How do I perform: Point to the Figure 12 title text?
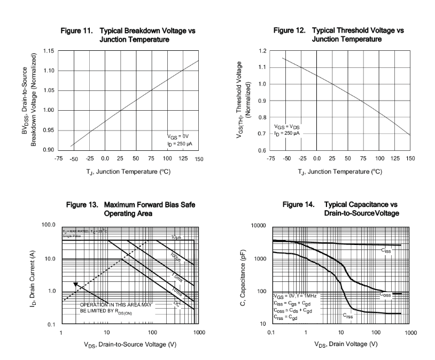[x=336, y=35]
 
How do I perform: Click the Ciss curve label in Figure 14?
[x=385, y=250]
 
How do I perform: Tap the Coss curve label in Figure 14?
[x=386, y=294]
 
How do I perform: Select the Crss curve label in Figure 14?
[x=348, y=316]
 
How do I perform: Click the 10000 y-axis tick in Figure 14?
[x=258, y=226]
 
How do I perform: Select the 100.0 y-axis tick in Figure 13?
[x=48, y=226]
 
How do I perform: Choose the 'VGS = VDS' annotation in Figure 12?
[x=288, y=126]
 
